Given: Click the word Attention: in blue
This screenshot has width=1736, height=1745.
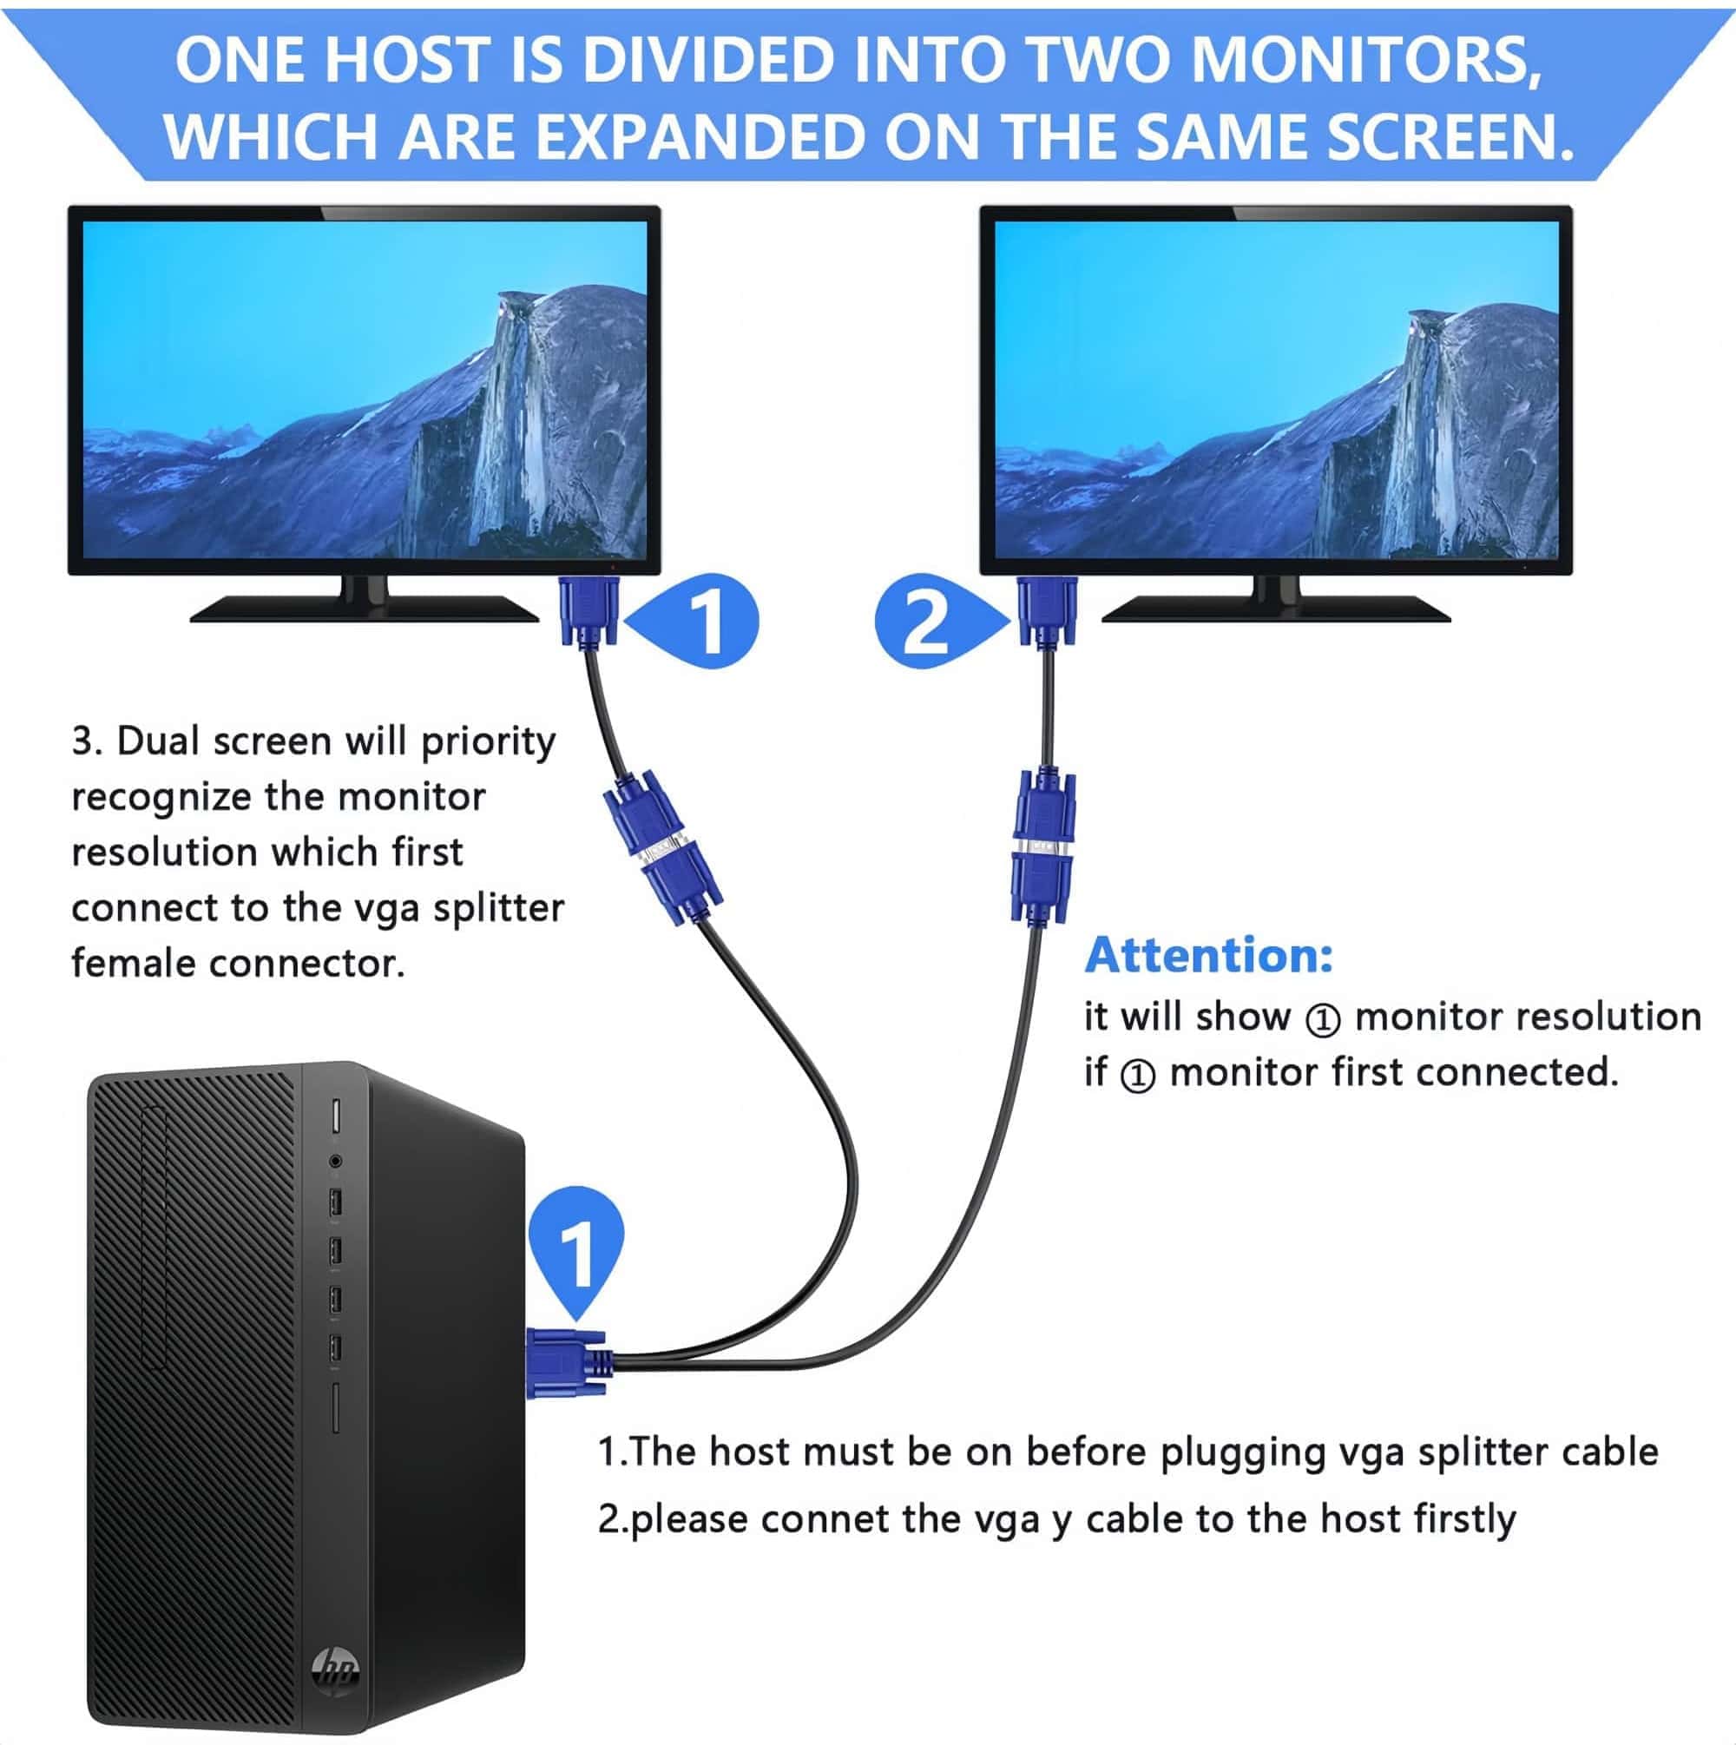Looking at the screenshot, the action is click(1208, 955).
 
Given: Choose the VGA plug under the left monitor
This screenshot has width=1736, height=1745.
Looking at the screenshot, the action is click(588, 611).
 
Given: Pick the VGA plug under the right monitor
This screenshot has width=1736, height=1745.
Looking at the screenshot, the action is click(1047, 611).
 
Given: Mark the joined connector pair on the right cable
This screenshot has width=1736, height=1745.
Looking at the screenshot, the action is click(1044, 846).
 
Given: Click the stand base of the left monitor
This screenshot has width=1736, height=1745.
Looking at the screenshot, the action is click(364, 609).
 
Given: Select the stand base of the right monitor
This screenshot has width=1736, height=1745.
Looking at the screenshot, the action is click(1276, 609).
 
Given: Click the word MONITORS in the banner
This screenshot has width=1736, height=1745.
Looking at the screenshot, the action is click(1364, 60).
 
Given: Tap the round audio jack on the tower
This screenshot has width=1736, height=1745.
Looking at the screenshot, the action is click(335, 1161).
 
